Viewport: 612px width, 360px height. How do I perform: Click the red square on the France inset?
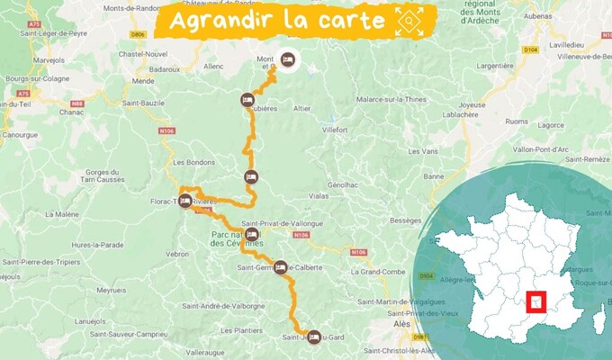[x=538, y=303]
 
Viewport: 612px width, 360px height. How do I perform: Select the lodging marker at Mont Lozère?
[x=287, y=59]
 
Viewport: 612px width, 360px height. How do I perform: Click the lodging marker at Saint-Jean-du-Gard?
[x=313, y=337]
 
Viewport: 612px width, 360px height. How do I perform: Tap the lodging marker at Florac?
[x=184, y=201]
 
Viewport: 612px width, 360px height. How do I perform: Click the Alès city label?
[x=401, y=323]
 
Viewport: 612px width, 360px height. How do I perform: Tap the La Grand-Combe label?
[x=381, y=271]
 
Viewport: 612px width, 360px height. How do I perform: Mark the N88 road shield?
[x=78, y=103]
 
